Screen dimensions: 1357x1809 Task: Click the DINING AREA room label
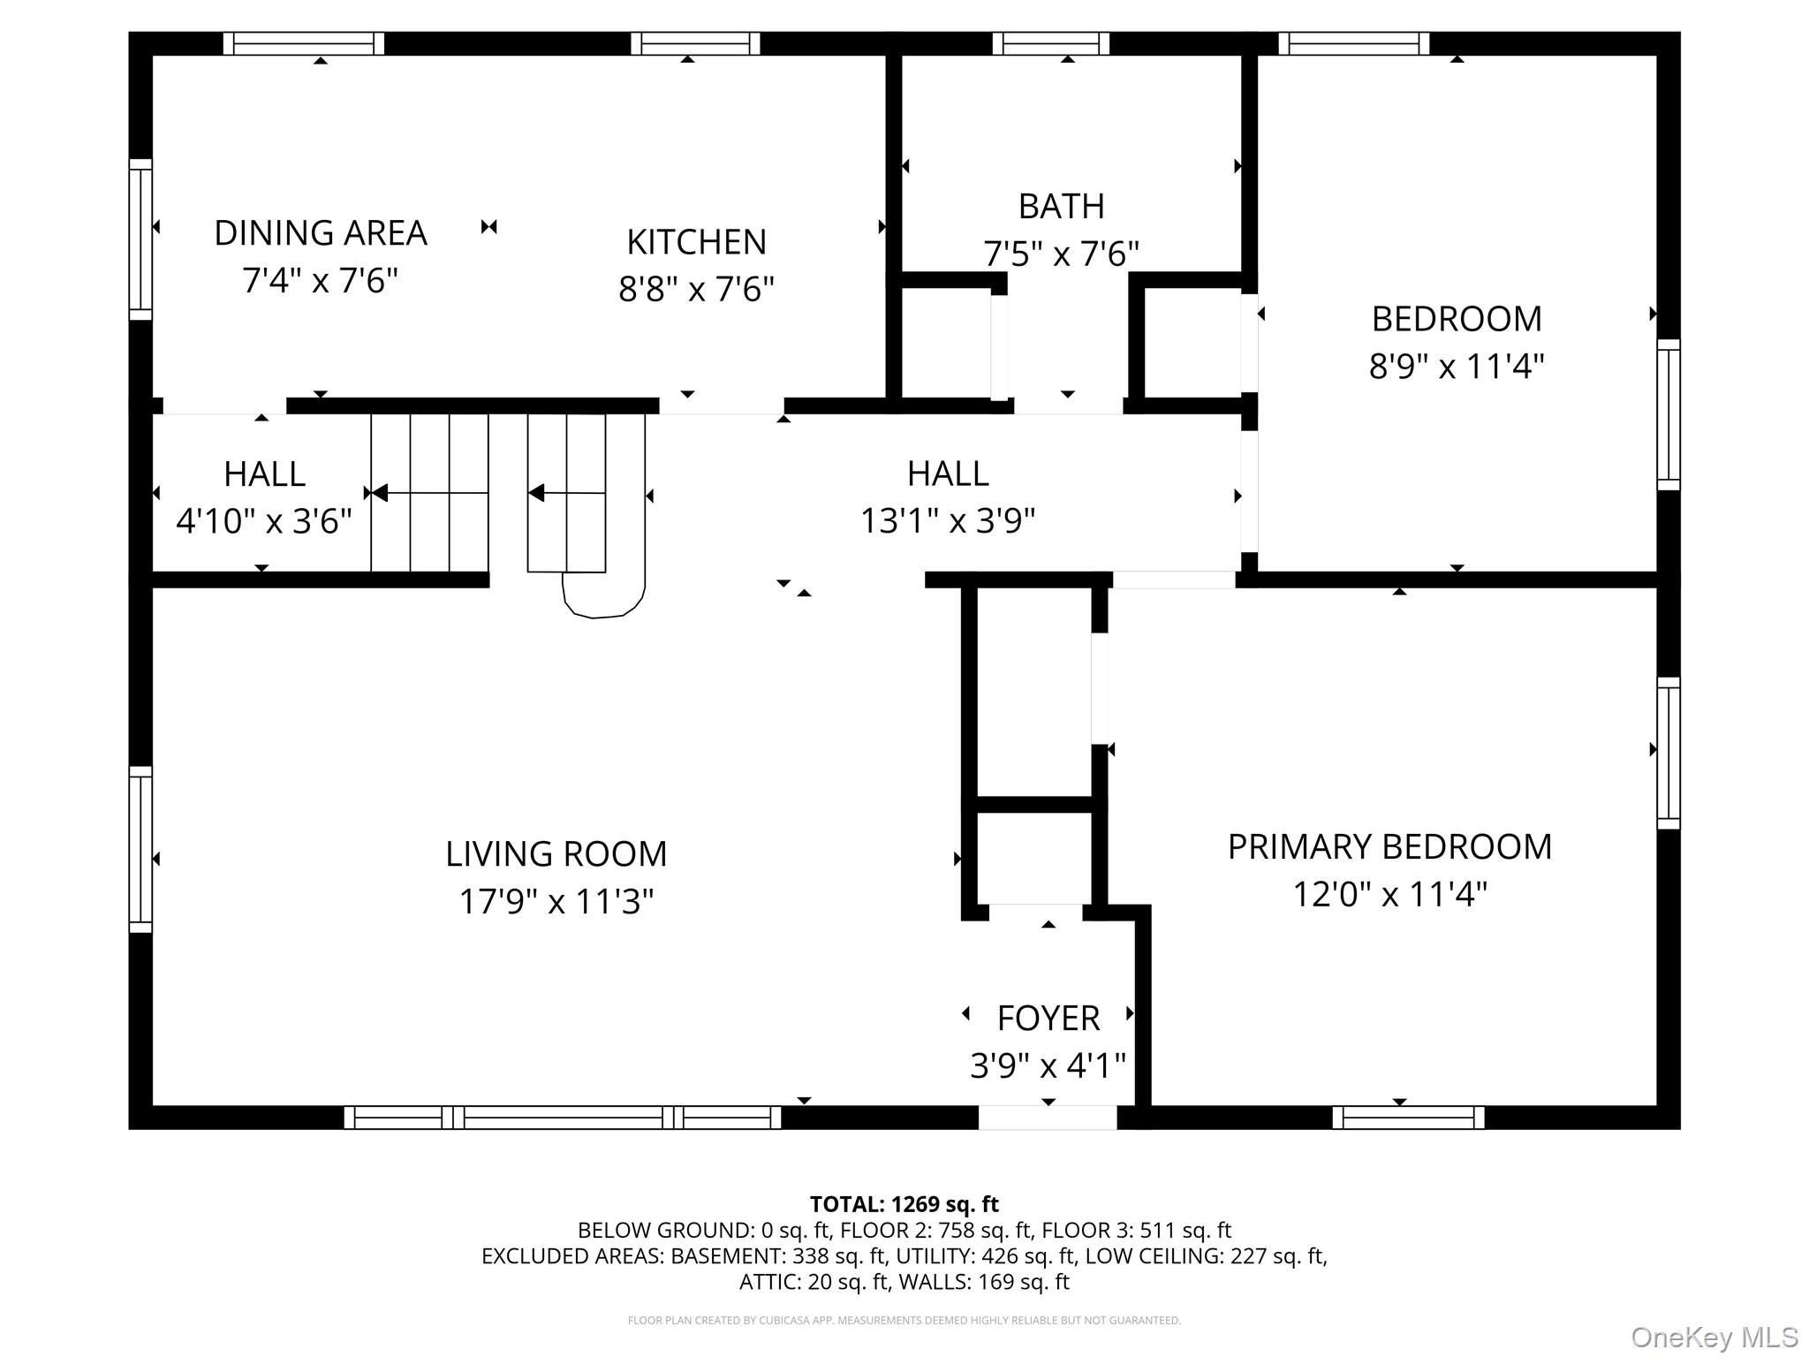[x=321, y=233]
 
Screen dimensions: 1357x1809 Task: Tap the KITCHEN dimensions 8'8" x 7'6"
[x=696, y=289]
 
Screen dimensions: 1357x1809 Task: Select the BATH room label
[x=1061, y=206]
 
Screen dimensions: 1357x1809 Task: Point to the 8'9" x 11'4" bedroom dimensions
[x=1456, y=366]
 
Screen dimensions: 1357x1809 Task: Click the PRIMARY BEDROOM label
[x=1389, y=846]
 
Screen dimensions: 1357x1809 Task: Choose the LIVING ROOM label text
[x=556, y=853]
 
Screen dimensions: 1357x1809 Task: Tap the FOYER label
[x=1048, y=1018]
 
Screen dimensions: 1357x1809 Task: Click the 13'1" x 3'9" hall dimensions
[x=947, y=521]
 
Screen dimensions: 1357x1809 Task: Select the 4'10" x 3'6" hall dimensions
[x=264, y=521]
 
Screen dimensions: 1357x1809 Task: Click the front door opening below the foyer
[x=1048, y=1118]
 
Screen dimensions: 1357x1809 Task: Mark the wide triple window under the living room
[x=563, y=1118]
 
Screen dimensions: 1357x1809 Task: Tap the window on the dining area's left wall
[x=140, y=239]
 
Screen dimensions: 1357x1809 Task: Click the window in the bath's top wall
[x=1050, y=43]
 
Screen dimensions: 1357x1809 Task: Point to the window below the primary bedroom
[x=1408, y=1118]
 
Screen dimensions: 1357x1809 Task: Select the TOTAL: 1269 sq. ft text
[x=904, y=1204]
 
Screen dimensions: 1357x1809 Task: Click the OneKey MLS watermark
[x=1714, y=1338]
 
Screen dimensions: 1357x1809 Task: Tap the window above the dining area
[x=303, y=43]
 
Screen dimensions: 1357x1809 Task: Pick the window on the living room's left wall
[x=140, y=849]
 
